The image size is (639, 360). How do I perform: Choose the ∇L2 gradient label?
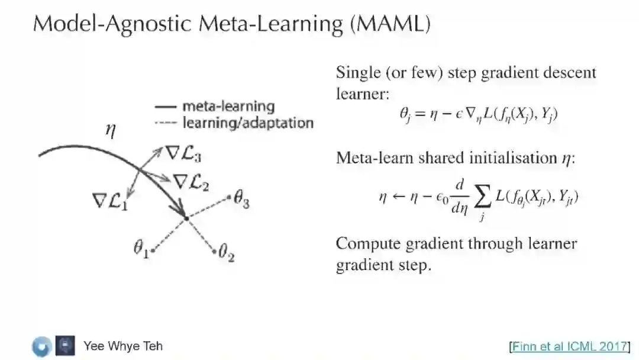(191, 182)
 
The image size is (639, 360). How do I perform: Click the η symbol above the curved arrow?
(109, 131)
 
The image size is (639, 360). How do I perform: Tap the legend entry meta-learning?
(228, 107)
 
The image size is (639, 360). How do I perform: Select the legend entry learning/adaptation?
(247, 123)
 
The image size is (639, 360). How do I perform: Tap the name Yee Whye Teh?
(122, 346)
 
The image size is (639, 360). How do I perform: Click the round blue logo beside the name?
(42, 346)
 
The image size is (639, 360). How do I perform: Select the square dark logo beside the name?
(65, 346)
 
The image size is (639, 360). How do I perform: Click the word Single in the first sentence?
(357, 73)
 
